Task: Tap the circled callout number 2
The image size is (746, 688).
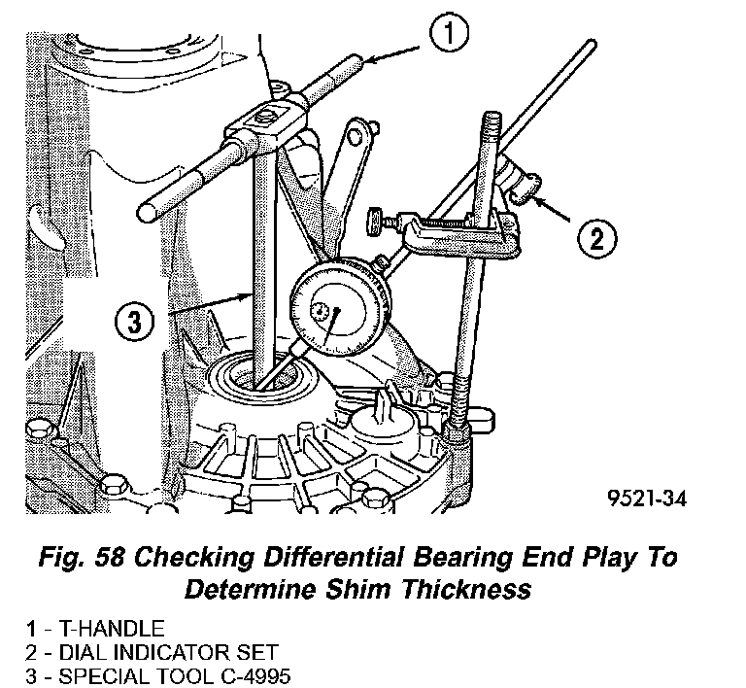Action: point(596,236)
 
